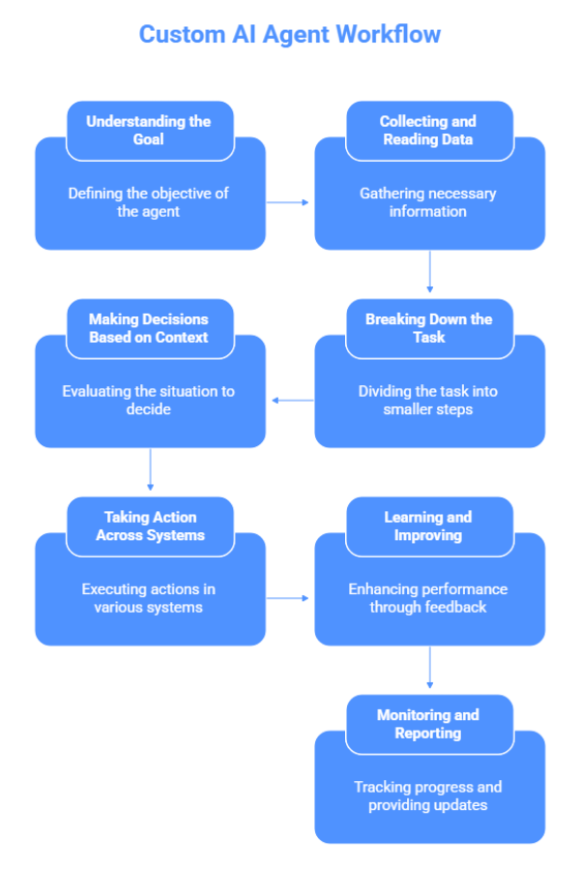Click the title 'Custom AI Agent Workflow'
(x=290, y=35)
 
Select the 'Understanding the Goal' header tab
(x=149, y=131)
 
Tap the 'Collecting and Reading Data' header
(x=428, y=131)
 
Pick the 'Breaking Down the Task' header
(x=428, y=328)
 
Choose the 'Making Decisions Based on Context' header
(x=149, y=328)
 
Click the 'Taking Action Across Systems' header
(x=150, y=526)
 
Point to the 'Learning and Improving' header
(x=428, y=526)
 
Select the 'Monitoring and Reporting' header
(x=428, y=724)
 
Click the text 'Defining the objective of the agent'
(x=149, y=202)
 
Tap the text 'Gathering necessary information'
(x=428, y=202)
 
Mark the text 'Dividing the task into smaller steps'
(x=428, y=401)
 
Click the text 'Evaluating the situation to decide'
(x=149, y=401)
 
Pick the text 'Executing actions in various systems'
(x=149, y=598)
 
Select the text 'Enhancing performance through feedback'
(x=428, y=598)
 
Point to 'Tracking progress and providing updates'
(x=428, y=796)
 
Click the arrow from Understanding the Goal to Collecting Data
(x=289, y=202)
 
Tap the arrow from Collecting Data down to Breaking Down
(x=429, y=273)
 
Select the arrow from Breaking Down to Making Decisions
(x=291, y=400)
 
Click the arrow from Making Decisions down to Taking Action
(x=150, y=471)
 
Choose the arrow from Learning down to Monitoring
(x=429, y=669)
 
